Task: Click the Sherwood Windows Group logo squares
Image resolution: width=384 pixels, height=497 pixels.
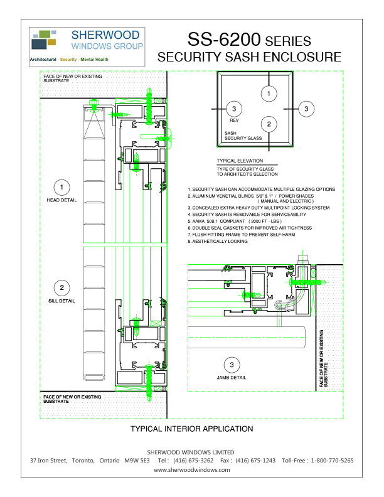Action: [44, 40]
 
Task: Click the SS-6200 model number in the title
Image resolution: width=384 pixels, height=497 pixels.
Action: [224, 40]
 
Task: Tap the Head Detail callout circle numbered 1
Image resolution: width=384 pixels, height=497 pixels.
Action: [61, 188]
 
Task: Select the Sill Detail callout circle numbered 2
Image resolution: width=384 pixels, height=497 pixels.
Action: [61, 288]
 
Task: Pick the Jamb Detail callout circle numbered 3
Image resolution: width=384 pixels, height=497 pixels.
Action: [232, 365]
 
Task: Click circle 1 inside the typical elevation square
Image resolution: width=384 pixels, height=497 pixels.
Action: [269, 94]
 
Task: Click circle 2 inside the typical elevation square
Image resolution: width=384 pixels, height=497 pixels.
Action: [269, 124]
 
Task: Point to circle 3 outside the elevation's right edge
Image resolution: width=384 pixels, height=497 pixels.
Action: [306, 109]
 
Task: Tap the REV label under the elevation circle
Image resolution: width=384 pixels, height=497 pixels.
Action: [234, 120]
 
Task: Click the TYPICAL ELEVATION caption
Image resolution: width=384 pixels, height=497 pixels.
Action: [240, 161]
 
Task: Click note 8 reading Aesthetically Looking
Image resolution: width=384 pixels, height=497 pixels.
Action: [218, 241]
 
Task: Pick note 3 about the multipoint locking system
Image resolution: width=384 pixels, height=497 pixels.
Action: [259, 208]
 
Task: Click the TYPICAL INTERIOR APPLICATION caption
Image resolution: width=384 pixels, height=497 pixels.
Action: [191, 429]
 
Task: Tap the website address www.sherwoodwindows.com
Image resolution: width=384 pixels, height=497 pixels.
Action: [191, 470]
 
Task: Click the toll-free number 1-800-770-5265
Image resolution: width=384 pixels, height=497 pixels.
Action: [332, 461]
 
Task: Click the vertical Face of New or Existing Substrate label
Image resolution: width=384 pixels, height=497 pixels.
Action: [324, 358]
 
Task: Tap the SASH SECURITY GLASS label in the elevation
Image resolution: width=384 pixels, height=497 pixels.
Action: [243, 136]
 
